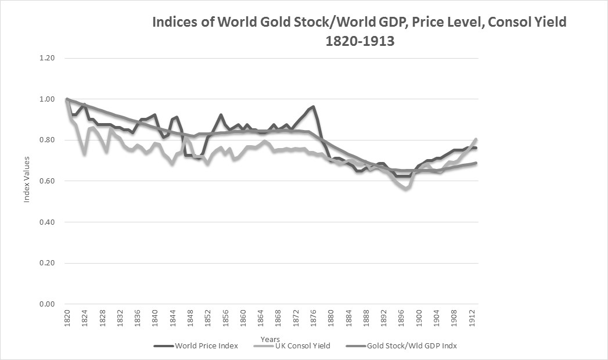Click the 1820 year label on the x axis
[x=67, y=319]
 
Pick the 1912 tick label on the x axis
[x=473, y=319]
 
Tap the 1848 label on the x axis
[x=190, y=319]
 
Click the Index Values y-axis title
[x=26, y=181]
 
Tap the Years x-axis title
[x=270, y=339]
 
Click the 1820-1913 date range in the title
[x=358, y=42]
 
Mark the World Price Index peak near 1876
[x=314, y=106]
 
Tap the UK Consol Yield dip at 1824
[x=85, y=154]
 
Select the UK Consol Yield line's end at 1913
[x=477, y=139]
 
